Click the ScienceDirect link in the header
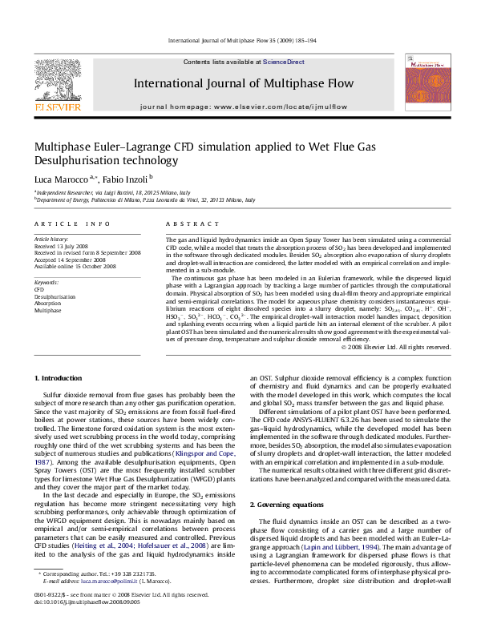click(x=283, y=62)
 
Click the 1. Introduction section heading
click(x=60, y=377)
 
